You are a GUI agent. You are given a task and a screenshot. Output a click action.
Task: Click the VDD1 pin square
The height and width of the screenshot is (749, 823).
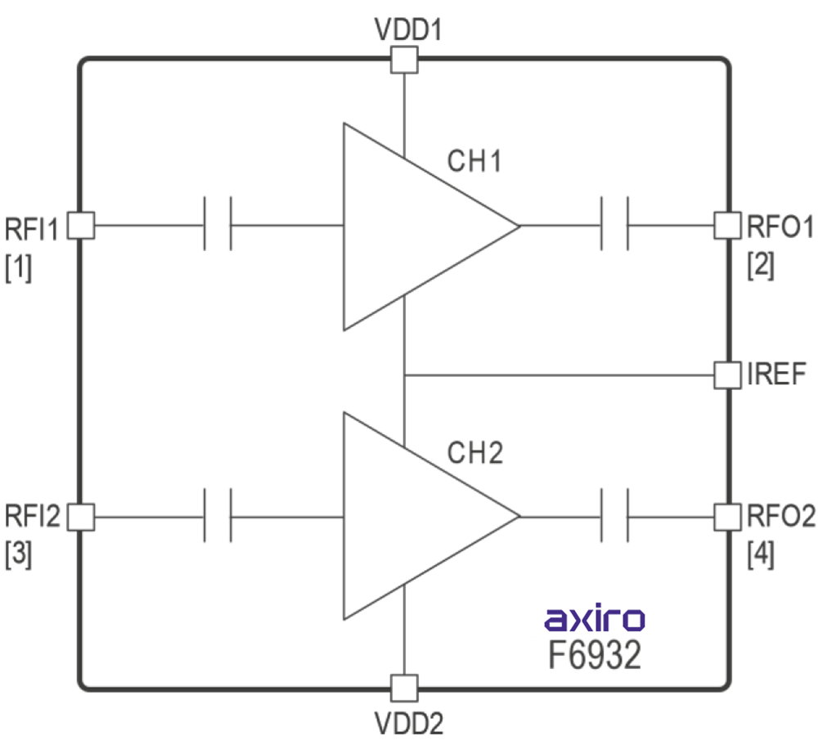[404, 61]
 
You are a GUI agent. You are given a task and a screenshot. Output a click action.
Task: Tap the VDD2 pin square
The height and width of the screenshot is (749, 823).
[404, 688]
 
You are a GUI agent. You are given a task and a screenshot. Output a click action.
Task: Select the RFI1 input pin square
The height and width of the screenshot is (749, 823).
[81, 225]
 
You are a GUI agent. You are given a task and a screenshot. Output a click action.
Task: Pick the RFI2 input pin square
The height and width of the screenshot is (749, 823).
[81, 517]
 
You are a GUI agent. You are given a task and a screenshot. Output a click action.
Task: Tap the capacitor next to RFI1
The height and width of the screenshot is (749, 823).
[218, 225]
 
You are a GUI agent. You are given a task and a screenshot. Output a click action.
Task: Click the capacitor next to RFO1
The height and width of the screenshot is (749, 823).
[614, 225]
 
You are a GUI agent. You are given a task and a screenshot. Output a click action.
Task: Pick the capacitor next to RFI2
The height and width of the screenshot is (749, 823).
[218, 517]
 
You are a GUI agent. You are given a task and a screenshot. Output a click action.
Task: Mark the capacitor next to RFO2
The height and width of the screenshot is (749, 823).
[614, 517]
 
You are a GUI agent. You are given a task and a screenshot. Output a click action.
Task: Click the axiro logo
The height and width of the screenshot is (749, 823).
[595, 619]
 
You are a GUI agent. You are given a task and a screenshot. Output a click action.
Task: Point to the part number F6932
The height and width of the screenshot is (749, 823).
[595, 656]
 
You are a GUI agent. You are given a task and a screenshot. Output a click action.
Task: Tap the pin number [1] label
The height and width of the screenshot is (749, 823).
[19, 267]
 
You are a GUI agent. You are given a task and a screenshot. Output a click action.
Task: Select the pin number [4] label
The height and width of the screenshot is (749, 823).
[761, 556]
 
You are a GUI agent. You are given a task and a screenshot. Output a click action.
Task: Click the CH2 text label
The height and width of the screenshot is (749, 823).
[474, 451]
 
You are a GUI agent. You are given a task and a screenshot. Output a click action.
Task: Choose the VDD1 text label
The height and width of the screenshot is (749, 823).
[408, 31]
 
